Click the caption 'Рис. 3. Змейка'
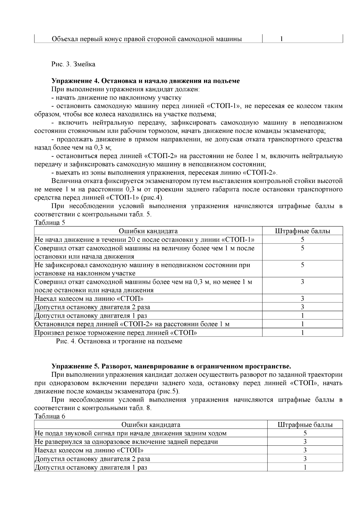click(73, 64)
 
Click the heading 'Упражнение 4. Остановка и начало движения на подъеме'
click(145, 81)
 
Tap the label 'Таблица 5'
click(49, 223)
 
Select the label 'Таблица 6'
click(49, 416)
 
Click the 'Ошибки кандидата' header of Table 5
click(148, 231)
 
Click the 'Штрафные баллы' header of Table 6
click(305, 425)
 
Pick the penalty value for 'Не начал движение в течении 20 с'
click(302, 239)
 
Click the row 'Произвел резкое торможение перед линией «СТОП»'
click(116, 332)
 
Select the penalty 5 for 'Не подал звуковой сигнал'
click(305, 433)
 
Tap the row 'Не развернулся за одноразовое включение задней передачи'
click(126, 442)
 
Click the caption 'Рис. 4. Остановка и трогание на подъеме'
click(119, 341)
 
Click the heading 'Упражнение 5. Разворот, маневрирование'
click(171, 366)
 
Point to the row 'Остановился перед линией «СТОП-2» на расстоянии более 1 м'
click(132, 324)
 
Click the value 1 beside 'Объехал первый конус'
click(281, 39)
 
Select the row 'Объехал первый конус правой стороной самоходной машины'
click(147, 39)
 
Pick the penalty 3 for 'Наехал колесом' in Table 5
click(302, 298)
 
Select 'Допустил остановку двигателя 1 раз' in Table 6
click(91, 467)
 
